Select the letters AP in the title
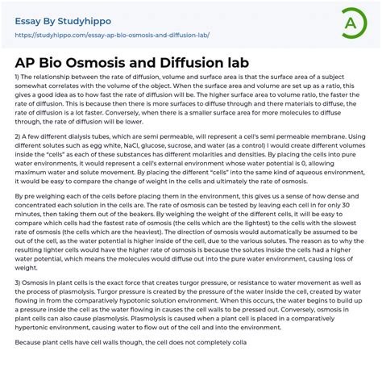28,62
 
